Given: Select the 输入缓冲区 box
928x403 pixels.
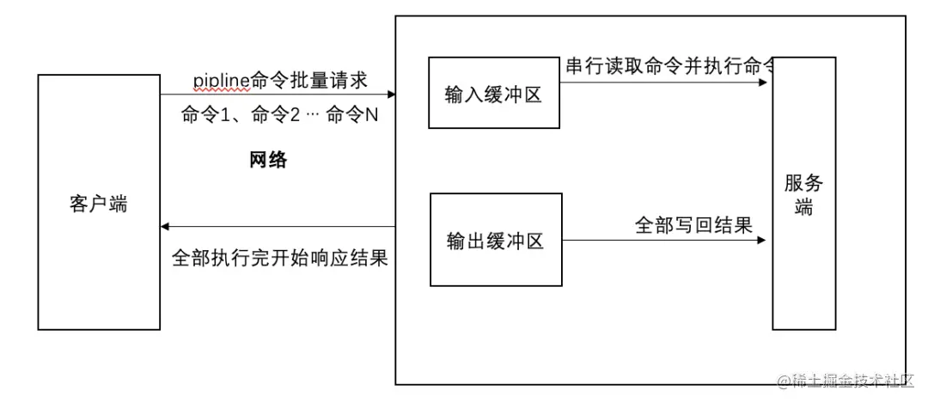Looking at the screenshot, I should (494, 94).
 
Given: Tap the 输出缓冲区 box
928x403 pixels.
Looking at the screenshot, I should (496, 240).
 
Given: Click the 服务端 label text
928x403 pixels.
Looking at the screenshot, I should (803, 194).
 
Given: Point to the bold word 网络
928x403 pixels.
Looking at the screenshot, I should (268, 160).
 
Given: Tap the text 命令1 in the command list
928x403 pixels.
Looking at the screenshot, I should (205, 116).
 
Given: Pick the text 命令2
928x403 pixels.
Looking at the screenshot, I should (276, 116).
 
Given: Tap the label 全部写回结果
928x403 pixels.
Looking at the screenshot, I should (693, 226).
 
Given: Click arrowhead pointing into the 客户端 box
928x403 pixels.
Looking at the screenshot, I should (166, 227).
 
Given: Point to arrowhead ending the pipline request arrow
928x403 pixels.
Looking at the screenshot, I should (391, 95).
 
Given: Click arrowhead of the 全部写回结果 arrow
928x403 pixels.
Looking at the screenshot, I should (761, 241).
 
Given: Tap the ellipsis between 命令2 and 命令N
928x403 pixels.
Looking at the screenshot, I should (314, 116).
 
